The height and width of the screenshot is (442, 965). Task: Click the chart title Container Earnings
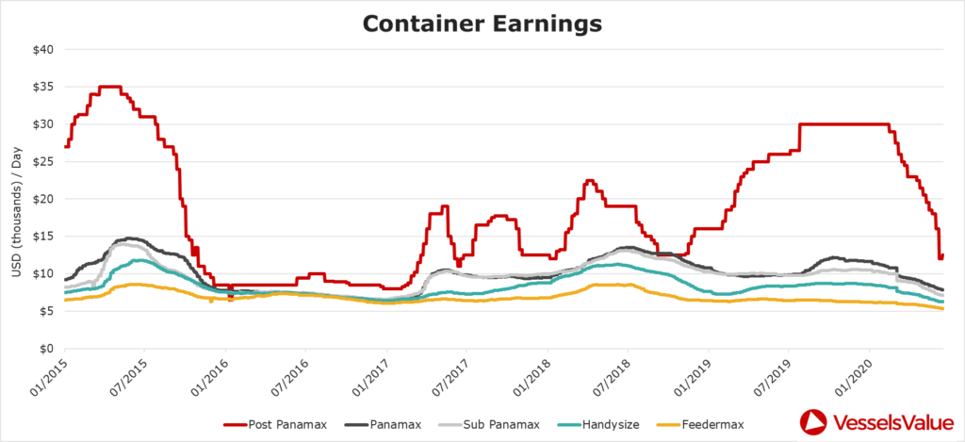click(x=482, y=23)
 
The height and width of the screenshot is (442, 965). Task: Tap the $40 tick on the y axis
click(x=42, y=49)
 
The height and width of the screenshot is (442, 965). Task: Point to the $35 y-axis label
click(x=42, y=87)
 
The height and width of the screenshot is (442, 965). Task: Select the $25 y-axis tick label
click(x=42, y=161)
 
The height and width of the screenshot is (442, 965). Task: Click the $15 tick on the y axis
click(x=42, y=237)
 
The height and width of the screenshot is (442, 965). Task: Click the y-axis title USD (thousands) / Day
click(x=16, y=199)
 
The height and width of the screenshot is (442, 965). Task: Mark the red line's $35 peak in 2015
click(x=109, y=87)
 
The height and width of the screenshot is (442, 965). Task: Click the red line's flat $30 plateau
click(x=843, y=124)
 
